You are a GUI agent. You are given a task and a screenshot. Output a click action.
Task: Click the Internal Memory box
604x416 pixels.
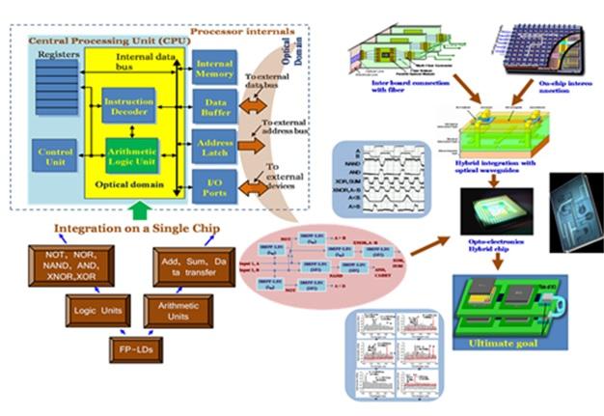coord(213,69)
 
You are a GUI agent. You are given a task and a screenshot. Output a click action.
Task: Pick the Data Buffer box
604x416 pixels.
coord(213,109)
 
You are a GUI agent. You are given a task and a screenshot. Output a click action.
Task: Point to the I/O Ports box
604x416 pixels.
coord(213,185)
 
